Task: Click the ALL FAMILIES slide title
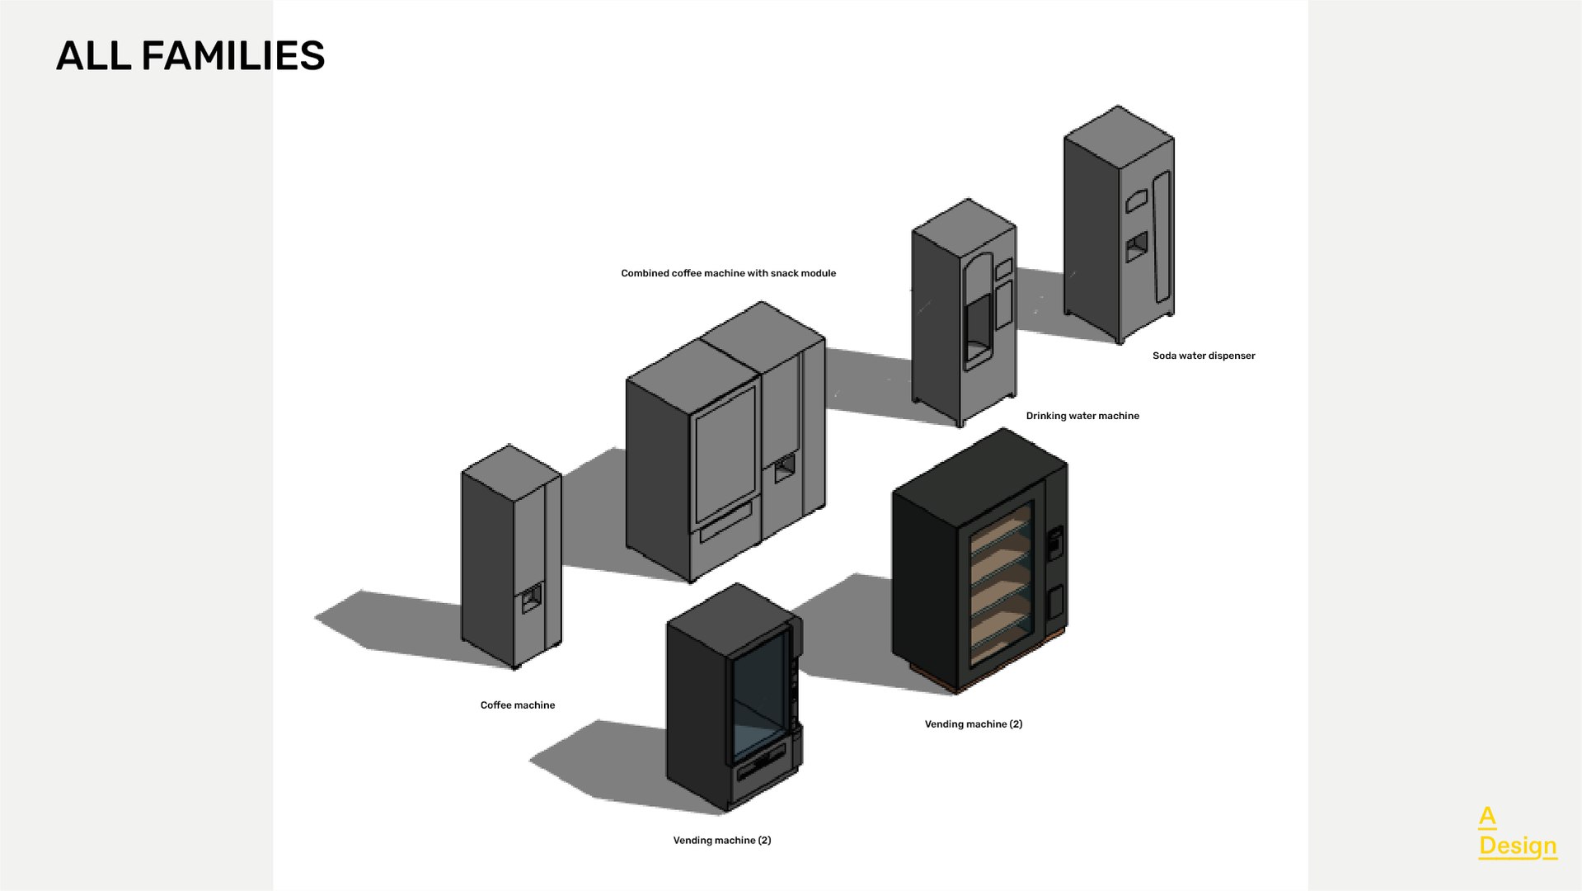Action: pyautogui.click(x=190, y=56)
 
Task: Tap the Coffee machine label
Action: pyautogui.click(x=518, y=705)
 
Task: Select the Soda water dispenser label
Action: pyautogui.click(x=1204, y=356)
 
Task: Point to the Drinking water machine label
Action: pyautogui.click(x=1082, y=416)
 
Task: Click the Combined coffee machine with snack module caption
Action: pyautogui.click(x=728, y=273)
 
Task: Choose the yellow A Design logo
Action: pyautogui.click(x=1517, y=832)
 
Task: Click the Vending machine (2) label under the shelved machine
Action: pyautogui.click(x=973, y=724)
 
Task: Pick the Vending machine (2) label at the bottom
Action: pyautogui.click(x=721, y=841)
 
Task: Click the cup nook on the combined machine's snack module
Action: pyautogui.click(x=784, y=468)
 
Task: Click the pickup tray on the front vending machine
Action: pyautogui.click(x=760, y=766)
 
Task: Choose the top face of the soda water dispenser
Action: pyautogui.click(x=1119, y=136)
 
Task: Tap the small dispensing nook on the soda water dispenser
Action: pyautogui.click(x=1137, y=245)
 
